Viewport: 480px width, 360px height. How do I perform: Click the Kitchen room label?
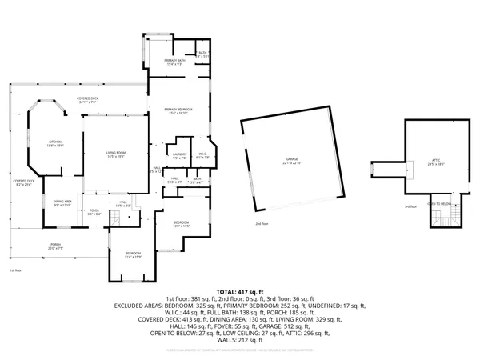[54, 143]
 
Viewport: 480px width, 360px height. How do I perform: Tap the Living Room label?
[117, 154]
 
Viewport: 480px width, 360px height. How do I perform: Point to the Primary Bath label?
[176, 62]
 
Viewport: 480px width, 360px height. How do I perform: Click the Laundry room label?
[180, 156]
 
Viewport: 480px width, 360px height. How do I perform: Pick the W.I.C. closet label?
[203, 156]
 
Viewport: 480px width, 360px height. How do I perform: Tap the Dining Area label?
[62, 203]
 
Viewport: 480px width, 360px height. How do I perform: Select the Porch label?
[56, 246]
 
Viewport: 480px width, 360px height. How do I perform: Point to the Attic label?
[436, 162]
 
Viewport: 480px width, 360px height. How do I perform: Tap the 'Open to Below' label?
[438, 204]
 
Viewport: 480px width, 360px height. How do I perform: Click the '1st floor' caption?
[14, 270]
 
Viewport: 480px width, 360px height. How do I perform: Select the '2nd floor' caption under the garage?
[262, 224]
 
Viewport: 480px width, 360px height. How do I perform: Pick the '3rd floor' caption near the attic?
[411, 207]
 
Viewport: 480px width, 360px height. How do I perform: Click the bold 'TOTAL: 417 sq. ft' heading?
[239, 291]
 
